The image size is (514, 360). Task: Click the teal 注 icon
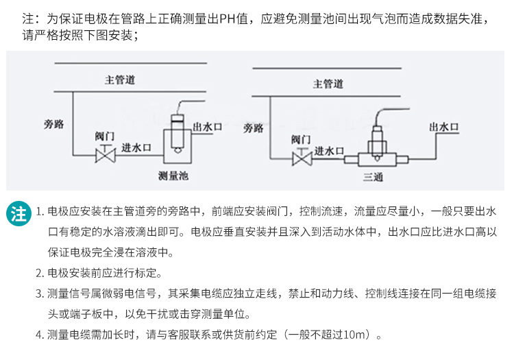click(x=19, y=213)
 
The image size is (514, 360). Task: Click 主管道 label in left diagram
click(x=119, y=81)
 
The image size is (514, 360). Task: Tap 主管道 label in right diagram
click(x=328, y=84)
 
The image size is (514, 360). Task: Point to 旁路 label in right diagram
click(x=254, y=128)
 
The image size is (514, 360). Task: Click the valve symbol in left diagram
click(x=105, y=157)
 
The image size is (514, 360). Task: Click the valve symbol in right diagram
click(x=302, y=160)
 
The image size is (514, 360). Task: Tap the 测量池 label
click(x=173, y=176)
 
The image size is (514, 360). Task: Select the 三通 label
click(x=373, y=178)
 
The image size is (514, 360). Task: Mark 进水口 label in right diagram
click(x=329, y=151)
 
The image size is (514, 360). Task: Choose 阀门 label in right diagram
click(x=301, y=139)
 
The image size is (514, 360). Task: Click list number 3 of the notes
click(x=39, y=294)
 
